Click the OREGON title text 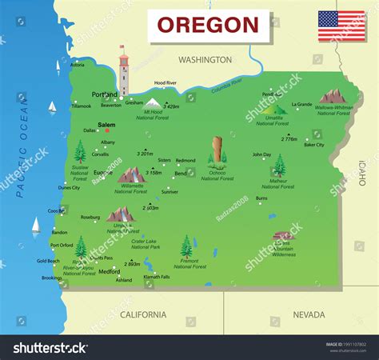coord(207,24)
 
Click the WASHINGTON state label coord(205,60)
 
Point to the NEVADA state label coord(309,314)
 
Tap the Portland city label coord(105,94)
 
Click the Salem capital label coord(106,126)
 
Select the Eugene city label coord(102,172)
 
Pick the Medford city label coord(109,270)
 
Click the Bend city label coord(181,173)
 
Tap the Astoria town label coord(78,65)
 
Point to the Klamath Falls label coord(156,277)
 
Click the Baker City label coord(313,145)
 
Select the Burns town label coord(261,198)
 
